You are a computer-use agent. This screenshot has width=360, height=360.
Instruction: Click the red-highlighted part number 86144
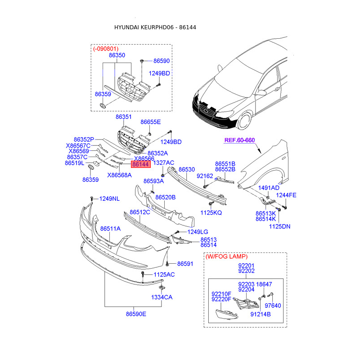140,165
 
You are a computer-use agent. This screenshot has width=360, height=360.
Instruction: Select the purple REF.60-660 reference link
239,140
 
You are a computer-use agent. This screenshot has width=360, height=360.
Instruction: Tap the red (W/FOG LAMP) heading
226,256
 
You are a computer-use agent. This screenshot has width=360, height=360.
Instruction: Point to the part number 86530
187,170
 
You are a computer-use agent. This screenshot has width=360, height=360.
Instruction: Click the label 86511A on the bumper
110,229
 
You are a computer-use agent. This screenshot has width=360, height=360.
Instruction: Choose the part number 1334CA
162,297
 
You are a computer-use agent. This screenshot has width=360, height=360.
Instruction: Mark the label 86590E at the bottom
136,314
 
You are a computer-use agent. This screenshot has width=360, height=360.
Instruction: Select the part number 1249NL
109,198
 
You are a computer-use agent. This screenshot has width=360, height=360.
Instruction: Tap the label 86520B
166,197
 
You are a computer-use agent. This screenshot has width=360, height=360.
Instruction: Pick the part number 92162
205,176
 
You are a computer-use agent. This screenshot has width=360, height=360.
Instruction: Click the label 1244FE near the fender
286,195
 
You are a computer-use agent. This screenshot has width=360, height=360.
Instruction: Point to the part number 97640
272,306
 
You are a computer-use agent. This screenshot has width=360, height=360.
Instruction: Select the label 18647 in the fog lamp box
264,284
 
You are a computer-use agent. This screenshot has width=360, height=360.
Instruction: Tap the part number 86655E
150,122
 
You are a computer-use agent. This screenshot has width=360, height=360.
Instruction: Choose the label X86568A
119,175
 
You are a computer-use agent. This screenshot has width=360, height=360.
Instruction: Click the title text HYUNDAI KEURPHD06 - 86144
155,27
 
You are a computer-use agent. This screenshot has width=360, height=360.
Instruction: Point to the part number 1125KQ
211,212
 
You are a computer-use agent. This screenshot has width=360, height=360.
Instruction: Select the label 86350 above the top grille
117,55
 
